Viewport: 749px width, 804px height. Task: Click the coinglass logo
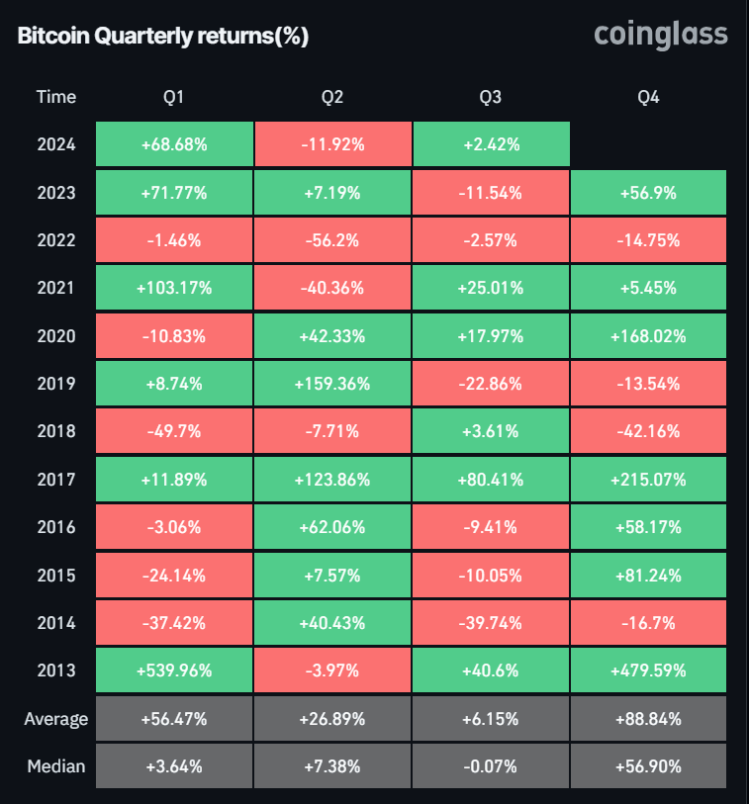(660, 36)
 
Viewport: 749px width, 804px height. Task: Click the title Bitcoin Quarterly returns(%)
(163, 37)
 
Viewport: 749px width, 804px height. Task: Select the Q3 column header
(490, 97)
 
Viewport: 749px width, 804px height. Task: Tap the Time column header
(55, 97)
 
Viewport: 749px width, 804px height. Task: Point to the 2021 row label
(55, 289)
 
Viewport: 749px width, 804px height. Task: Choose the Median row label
(55, 766)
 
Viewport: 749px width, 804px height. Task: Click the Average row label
(55, 719)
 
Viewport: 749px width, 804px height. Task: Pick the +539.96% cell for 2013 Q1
(174, 670)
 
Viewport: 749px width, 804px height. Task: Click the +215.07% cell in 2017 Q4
(649, 480)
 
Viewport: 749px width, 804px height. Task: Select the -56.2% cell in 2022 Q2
(332, 240)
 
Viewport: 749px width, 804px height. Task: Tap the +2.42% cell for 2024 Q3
(491, 144)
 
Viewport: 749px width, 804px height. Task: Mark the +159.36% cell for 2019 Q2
(332, 384)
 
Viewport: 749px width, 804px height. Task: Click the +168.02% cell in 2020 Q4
(649, 336)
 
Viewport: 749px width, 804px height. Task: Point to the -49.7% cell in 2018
(174, 431)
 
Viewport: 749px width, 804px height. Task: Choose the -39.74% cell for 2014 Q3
(491, 623)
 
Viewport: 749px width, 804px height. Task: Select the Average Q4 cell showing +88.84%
(649, 719)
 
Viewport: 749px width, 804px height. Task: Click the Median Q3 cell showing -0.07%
(491, 766)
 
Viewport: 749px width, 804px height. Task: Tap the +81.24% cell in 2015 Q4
(649, 575)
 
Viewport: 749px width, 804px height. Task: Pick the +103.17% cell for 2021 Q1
(174, 289)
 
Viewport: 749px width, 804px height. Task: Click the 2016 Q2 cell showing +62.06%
(332, 527)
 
